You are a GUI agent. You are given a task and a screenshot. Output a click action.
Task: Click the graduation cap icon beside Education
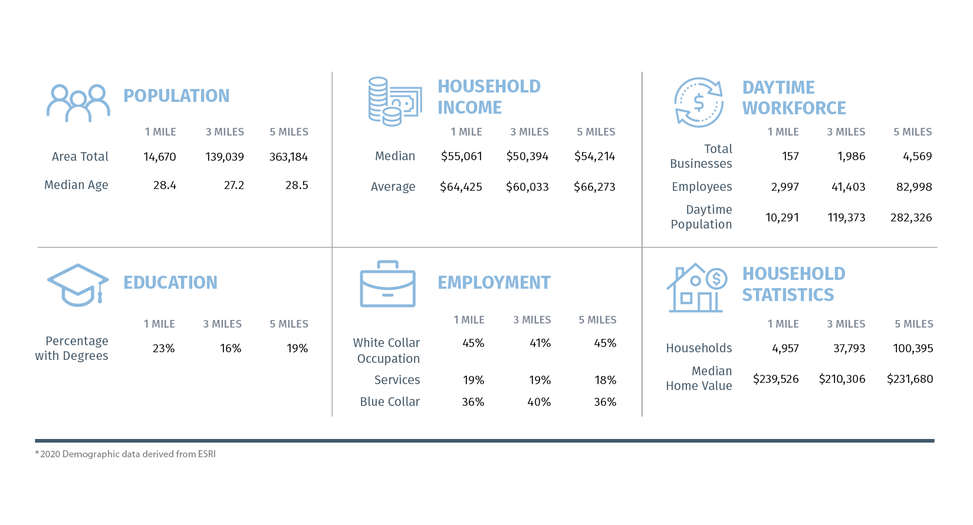pyautogui.click(x=78, y=285)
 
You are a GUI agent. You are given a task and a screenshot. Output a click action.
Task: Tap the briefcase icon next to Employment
pyautogui.click(x=387, y=284)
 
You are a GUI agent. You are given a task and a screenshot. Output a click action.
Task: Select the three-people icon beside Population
pyautogui.click(x=78, y=103)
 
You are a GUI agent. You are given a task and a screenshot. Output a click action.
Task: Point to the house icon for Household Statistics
pyautogui.click(x=696, y=288)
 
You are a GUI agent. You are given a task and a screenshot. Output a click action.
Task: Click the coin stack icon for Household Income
pyautogui.click(x=395, y=101)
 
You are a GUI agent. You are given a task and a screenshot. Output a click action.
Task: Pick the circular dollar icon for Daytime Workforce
pyautogui.click(x=699, y=103)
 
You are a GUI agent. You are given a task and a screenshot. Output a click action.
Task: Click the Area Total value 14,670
pyautogui.click(x=160, y=157)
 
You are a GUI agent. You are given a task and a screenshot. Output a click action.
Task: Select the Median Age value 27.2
pyautogui.click(x=234, y=185)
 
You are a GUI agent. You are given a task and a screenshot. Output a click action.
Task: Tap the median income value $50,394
pyautogui.click(x=527, y=156)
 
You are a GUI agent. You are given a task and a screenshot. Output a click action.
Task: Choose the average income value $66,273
pyautogui.click(x=594, y=187)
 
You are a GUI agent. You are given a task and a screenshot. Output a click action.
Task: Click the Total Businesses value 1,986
pyautogui.click(x=851, y=156)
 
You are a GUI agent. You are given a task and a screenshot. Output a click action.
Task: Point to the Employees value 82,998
pyautogui.click(x=914, y=187)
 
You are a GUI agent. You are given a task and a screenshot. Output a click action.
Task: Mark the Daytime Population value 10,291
pyautogui.click(x=782, y=217)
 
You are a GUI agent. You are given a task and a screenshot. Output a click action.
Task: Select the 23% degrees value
pyautogui.click(x=163, y=348)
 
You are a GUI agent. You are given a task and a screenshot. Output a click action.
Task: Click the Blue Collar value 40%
pyautogui.click(x=539, y=402)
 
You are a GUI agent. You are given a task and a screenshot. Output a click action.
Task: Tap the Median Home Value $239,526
pyautogui.click(x=775, y=379)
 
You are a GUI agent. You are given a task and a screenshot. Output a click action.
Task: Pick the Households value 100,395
pyautogui.click(x=913, y=348)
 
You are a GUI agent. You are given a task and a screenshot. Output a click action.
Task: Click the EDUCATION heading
pyautogui.click(x=170, y=282)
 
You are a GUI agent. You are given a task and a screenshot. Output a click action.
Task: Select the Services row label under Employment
pyautogui.click(x=397, y=380)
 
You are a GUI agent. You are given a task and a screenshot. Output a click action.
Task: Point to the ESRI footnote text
pyautogui.click(x=126, y=454)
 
